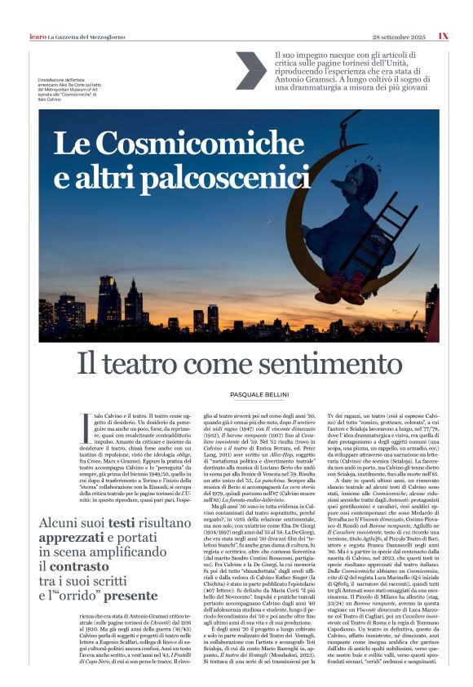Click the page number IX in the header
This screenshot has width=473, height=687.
click(x=443, y=36)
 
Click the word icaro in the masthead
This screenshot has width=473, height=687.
click(x=36, y=37)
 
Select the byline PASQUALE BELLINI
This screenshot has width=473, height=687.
click(x=236, y=395)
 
